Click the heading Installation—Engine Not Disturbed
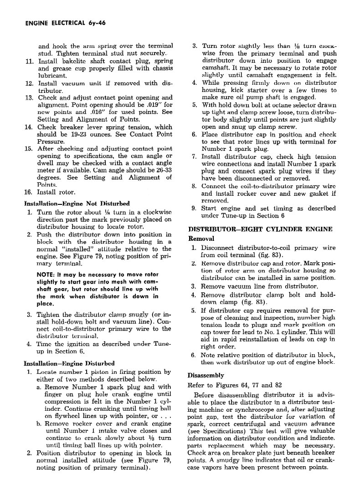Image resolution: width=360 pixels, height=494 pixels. point(77,203)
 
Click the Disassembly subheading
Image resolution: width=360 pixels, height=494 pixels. point(206,375)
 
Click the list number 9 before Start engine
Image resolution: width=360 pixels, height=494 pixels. point(193,209)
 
